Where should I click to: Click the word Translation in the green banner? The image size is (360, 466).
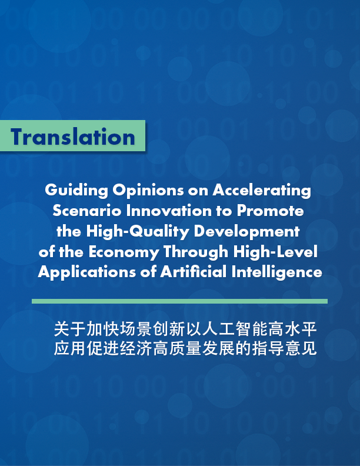click(x=73, y=137)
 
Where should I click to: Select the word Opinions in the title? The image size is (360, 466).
click(x=134, y=191)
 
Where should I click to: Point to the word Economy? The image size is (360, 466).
click(x=126, y=252)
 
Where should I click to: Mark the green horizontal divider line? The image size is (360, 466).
click(x=179, y=301)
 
